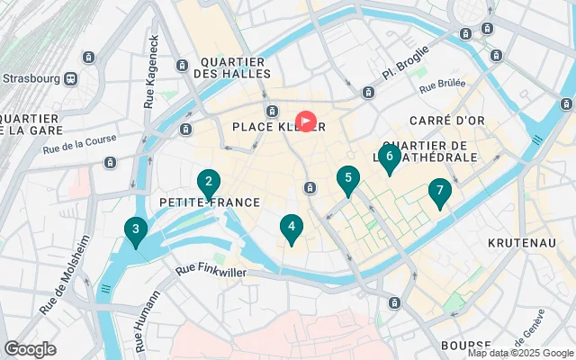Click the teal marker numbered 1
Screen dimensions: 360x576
pos(306,121)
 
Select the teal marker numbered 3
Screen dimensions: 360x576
pos(135,231)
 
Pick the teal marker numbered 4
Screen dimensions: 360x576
pos(291,228)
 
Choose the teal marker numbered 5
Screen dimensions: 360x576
pos(347,180)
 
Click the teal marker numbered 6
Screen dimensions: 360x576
pos(389,157)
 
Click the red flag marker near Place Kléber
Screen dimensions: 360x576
pos(306,121)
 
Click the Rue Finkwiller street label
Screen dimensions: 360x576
pos(210,268)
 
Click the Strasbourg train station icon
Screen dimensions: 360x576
pos(70,78)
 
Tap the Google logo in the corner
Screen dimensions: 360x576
pos(30,348)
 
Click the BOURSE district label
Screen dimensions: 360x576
pos(466,346)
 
